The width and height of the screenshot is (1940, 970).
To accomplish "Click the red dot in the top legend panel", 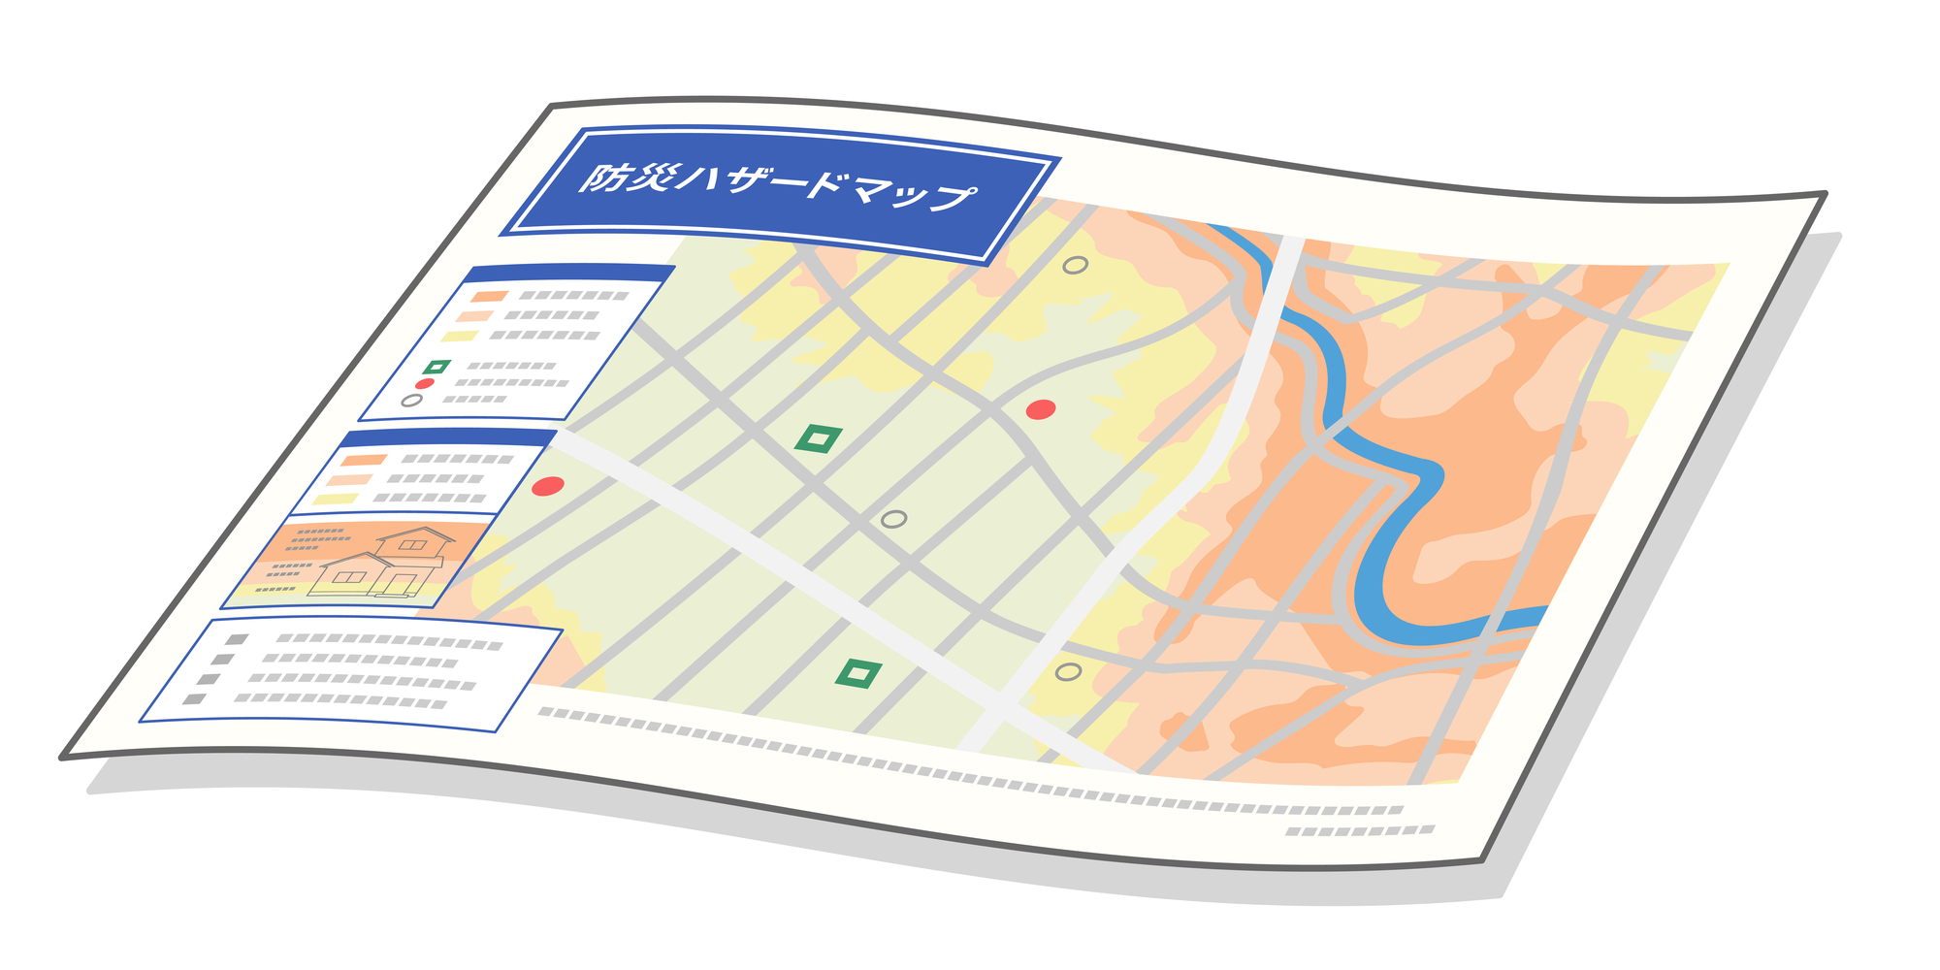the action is click(x=425, y=384).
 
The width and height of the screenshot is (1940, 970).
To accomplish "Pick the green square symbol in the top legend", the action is click(x=436, y=367).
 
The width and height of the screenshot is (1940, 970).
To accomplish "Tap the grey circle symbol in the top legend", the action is click(x=411, y=400).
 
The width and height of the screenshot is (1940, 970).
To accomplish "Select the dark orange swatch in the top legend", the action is click(x=490, y=296).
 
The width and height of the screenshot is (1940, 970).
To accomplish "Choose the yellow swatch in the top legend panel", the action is click(x=460, y=337).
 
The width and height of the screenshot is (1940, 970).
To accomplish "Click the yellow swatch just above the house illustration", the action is click(x=336, y=500).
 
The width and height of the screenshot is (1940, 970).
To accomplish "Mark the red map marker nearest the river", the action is click(x=1041, y=409).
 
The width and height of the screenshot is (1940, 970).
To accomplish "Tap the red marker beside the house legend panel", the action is click(x=548, y=486).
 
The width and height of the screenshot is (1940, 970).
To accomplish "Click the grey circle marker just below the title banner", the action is click(x=1075, y=265).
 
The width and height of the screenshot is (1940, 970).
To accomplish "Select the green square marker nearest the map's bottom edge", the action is click(x=858, y=673).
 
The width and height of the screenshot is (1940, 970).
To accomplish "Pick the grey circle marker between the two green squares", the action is click(x=893, y=519).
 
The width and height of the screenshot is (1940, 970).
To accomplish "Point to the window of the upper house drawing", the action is click(x=412, y=545).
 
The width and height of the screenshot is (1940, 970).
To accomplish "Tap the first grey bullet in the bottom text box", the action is click(x=236, y=639).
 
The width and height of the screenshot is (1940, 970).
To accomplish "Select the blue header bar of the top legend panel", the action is click(x=572, y=274).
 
